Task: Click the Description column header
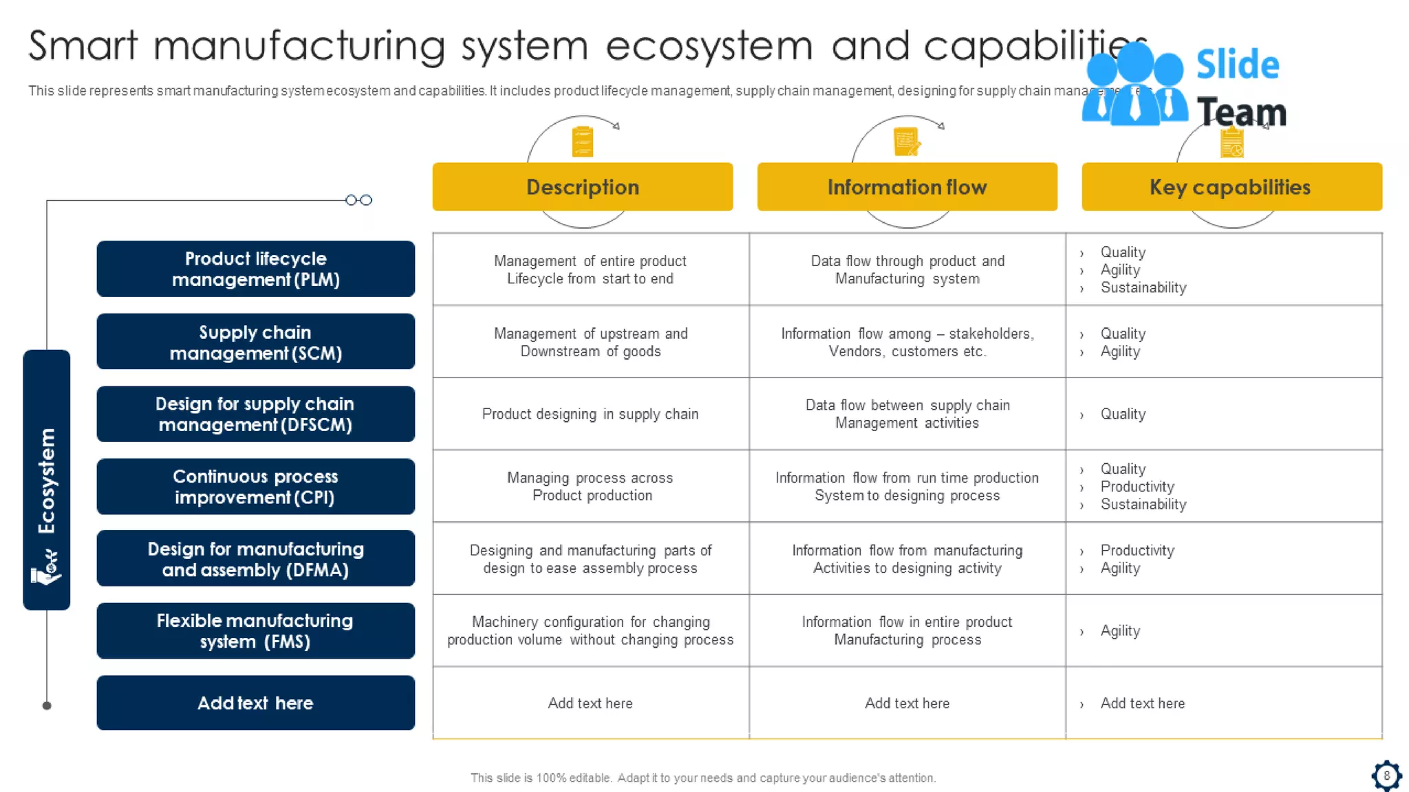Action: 582,187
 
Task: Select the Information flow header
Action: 907,187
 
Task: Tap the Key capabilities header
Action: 1231,187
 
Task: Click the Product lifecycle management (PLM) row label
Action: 255,269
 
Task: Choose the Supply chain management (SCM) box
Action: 255,342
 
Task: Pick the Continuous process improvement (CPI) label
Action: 255,486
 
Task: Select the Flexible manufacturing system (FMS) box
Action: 255,630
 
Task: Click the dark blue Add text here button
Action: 255,703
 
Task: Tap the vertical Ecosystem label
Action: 47,481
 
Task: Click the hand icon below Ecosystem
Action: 46,569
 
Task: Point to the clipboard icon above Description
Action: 583,142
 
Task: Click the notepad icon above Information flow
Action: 906,142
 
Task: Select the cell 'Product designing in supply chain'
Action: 590,414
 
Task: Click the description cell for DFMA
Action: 590,559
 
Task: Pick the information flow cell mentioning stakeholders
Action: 907,342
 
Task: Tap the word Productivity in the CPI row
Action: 1137,486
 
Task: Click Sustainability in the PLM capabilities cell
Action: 1143,287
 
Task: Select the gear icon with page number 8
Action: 1386,775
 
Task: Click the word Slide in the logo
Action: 1237,65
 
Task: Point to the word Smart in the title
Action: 83,46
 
